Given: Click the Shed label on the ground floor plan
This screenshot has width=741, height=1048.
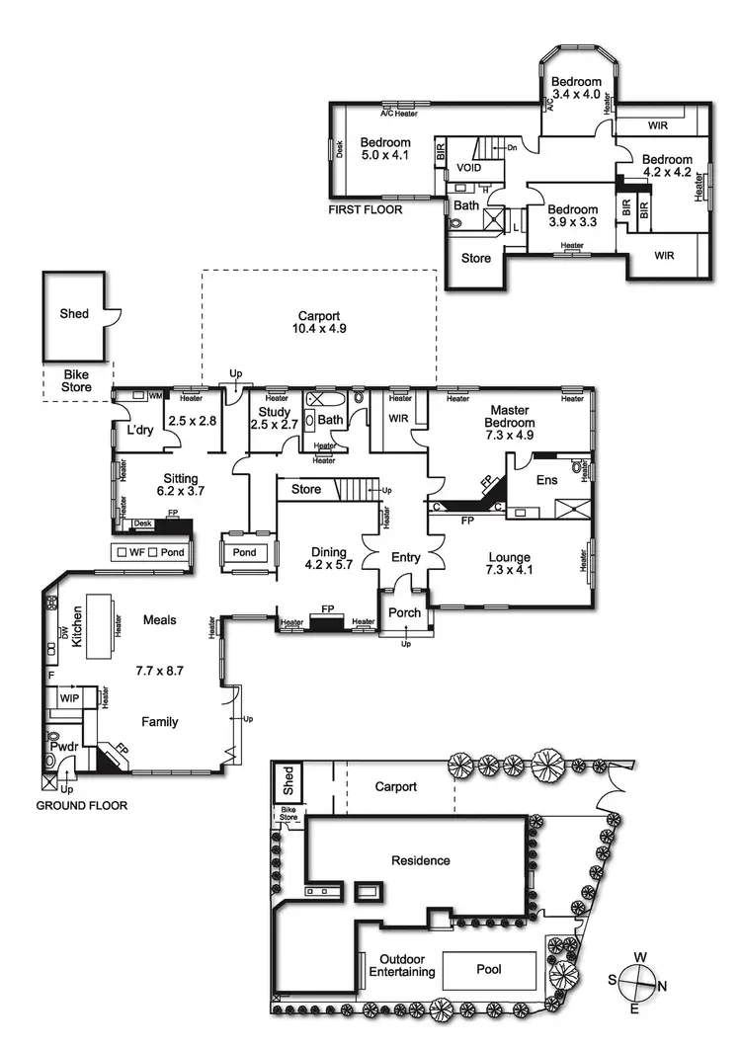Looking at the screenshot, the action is (x=74, y=314).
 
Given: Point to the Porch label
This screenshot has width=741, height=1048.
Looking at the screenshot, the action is (x=405, y=612).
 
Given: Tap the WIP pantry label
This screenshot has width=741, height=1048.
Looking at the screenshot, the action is (x=69, y=697).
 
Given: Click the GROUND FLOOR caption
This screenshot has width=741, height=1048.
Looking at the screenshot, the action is (x=82, y=806).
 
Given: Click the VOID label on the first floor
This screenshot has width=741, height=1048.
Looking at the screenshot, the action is (x=469, y=168).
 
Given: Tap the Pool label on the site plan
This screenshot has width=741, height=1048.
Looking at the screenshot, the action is (x=488, y=969).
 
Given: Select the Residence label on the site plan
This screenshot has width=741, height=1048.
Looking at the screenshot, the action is (x=420, y=860).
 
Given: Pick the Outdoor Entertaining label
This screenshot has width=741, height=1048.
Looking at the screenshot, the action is (x=401, y=965).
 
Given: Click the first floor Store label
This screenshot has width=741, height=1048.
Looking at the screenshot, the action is (x=476, y=260).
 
